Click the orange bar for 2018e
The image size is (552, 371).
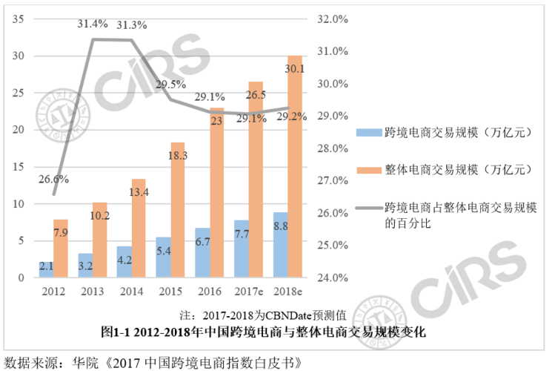294,167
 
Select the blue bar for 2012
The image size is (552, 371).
46,269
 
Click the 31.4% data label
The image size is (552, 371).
91,24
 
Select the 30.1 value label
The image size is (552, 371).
294,69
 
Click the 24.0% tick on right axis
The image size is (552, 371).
331,278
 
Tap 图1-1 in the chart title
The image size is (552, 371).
116,330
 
